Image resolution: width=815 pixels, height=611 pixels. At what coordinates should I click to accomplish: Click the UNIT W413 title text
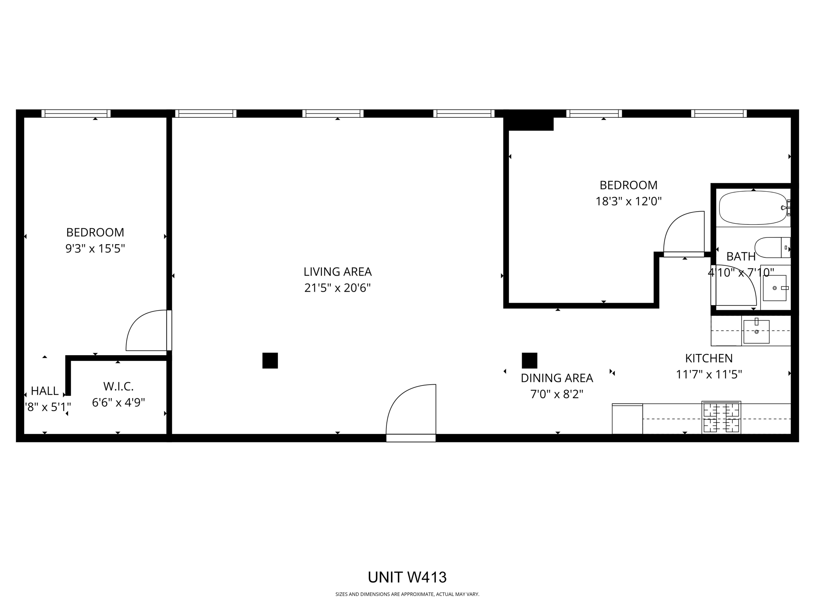[x=407, y=577]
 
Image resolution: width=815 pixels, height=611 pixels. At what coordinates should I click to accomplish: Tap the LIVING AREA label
[x=337, y=272]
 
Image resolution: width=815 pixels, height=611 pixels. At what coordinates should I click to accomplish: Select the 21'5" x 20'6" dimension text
[x=337, y=288]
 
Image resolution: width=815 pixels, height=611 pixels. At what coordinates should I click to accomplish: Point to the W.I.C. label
[x=118, y=386]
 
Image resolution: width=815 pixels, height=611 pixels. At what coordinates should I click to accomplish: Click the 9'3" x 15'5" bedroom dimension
[x=95, y=249]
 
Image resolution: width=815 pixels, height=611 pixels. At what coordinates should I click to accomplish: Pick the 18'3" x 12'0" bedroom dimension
[x=628, y=201]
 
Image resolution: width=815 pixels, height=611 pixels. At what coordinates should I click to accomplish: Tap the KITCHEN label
[x=709, y=358]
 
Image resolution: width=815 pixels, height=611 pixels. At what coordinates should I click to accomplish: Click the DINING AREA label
[x=557, y=378]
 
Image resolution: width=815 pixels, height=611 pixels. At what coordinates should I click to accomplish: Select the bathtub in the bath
[x=753, y=208]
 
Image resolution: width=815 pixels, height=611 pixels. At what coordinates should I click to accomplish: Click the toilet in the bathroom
[x=772, y=247]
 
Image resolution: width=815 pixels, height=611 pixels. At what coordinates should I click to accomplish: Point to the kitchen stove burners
[x=721, y=417]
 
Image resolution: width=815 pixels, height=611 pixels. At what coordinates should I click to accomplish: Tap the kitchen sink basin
[x=756, y=331]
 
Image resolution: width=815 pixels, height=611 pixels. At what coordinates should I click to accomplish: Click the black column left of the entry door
[x=270, y=360]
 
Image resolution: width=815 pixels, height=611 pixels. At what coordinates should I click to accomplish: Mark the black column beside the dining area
[x=529, y=360]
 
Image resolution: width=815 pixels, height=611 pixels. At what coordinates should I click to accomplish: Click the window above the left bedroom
[x=76, y=113]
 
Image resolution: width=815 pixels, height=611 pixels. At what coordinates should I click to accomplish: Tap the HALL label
[x=45, y=391]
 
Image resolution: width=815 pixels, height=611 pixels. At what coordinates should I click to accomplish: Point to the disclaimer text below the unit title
[x=407, y=594]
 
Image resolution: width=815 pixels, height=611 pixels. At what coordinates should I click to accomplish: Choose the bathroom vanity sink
[x=774, y=288]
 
